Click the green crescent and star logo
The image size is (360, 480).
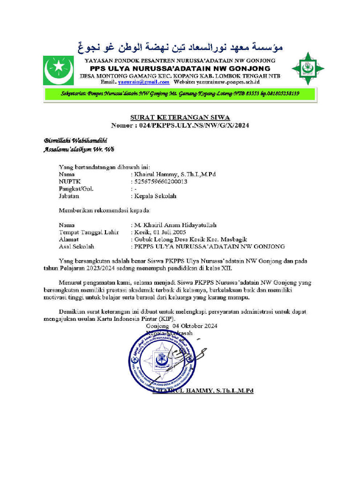[x=59, y=70]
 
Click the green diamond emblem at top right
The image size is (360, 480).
[x=307, y=69]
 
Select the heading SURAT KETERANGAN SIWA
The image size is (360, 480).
[x=180, y=117]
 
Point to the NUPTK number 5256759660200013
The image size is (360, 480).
[x=161, y=181]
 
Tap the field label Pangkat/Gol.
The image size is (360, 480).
[x=76, y=189]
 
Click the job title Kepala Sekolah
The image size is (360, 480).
[x=155, y=196]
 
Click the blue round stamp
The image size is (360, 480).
[x=161, y=359]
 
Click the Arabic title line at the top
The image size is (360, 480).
[x=180, y=48]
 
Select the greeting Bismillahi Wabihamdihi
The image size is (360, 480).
[x=75, y=140]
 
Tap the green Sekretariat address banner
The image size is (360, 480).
[x=180, y=94]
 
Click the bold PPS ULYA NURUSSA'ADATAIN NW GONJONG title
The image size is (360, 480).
[x=180, y=68]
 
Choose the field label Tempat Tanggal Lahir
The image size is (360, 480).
[x=89, y=232]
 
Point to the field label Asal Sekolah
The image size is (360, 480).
[x=76, y=246]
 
